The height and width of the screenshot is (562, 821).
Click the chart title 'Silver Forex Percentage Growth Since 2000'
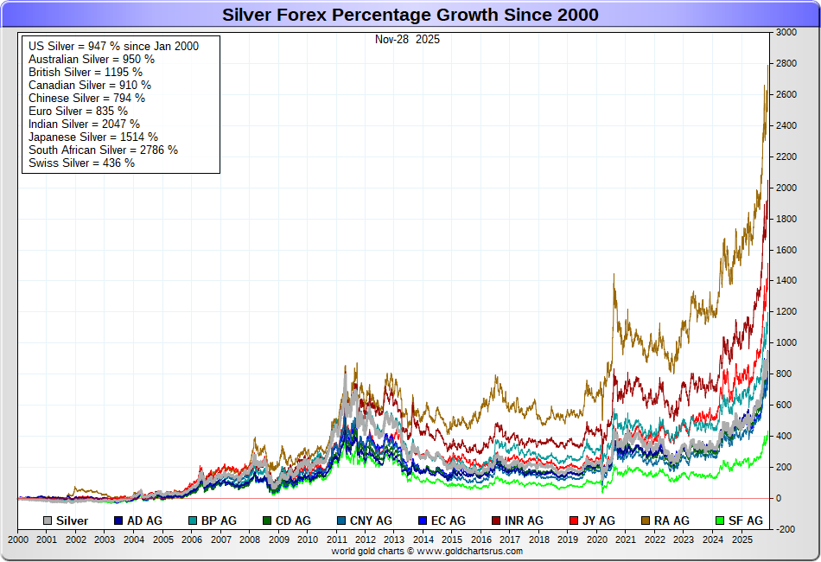pyautogui.click(x=410, y=15)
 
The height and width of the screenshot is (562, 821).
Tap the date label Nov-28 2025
pyautogui.click(x=407, y=39)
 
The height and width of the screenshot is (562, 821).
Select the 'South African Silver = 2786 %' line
pyautogui.click(x=103, y=150)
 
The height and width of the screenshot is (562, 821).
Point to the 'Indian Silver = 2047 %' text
pyautogui.click(x=84, y=124)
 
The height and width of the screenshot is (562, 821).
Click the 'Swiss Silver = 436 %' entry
pyautogui.click(x=81, y=163)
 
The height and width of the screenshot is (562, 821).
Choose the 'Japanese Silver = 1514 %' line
pyautogui.click(x=93, y=137)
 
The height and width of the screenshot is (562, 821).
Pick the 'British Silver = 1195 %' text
pyautogui.click(x=86, y=72)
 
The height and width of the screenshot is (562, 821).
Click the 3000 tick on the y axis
pyautogui.click(x=786, y=32)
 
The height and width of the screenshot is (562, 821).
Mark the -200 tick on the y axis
pyautogui.click(x=786, y=529)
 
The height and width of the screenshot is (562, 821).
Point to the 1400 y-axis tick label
pyautogui.click(x=786, y=281)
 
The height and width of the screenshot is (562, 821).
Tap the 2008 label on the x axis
pyautogui.click(x=250, y=539)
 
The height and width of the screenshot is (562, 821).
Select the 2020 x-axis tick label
pyautogui.click(x=596, y=539)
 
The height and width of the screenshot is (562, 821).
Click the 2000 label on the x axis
pyautogui.click(x=18, y=539)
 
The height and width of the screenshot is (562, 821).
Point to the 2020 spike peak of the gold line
pyautogui.click(x=614, y=274)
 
